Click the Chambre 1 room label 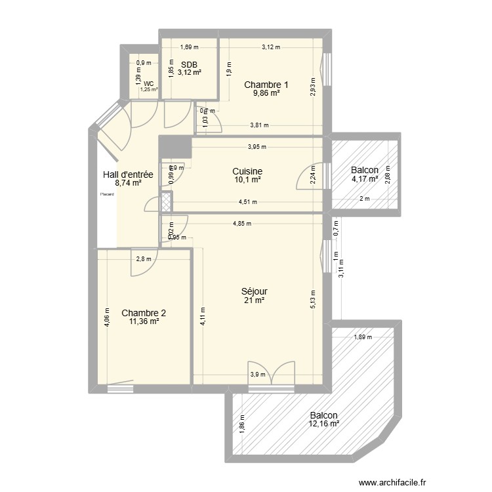[x=266, y=85]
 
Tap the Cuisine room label [x=247, y=171]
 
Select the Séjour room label [x=254, y=291]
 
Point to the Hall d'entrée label [x=128, y=174]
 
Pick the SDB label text [x=190, y=64]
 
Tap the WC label [x=148, y=84]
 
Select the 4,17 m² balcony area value [x=365, y=178]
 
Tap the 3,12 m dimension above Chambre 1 [x=270, y=47]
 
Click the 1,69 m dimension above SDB [x=189, y=47]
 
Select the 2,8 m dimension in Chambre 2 [x=143, y=259]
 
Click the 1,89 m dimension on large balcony [x=363, y=337]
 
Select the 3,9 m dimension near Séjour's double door [x=258, y=375]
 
